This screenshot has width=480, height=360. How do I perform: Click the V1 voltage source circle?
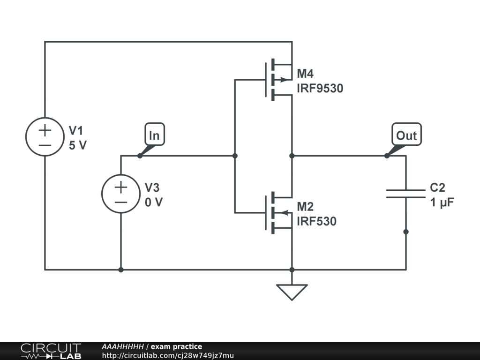click(45, 136)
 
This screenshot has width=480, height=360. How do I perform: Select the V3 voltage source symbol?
click(121, 194)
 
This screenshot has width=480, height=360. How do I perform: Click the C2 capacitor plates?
click(405, 194)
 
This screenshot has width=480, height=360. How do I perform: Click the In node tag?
click(154, 135)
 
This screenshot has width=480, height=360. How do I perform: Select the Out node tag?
click(406, 135)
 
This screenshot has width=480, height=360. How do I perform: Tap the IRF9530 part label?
click(320, 88)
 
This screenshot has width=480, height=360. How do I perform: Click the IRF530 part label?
click(316, 221)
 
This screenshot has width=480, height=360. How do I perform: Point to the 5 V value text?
click(78, 145)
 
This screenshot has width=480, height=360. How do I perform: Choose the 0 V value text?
click(154, 203)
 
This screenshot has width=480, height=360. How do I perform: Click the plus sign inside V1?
click(45, 130)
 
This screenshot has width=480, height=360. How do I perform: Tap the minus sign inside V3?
click(121, 202)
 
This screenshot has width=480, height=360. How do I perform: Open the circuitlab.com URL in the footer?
click(167, 356)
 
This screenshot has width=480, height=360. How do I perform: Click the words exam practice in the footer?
click(176, 347)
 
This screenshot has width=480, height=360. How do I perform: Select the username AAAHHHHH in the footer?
click(122, 347)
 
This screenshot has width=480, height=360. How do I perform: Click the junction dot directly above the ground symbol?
click(292, 270)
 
